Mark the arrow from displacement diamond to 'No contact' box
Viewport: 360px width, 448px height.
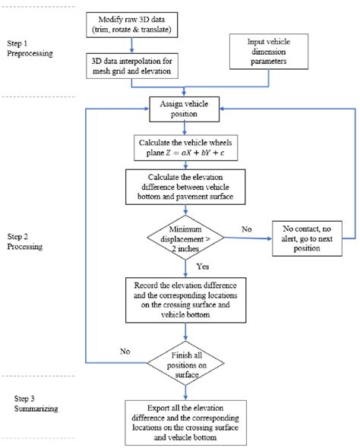pyautogui.click(x=244, y=237)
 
